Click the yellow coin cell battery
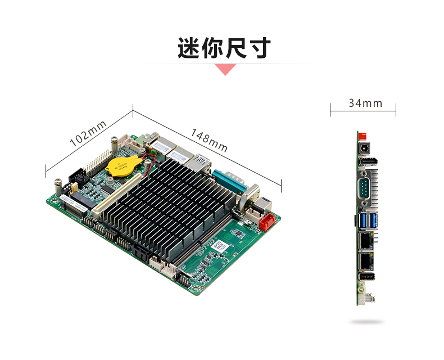pos(124,166)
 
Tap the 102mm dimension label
pos(88,134)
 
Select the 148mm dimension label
pos(209,140)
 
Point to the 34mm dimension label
pos(365,103)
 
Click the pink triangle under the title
pos(225,69)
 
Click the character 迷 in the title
pos(189,48)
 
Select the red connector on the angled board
pos(267,222)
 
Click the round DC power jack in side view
pos(364,148)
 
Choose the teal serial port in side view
pos(364,188)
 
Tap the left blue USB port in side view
pos(363,220)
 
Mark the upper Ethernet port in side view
pos(366,241)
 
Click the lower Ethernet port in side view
pos(366,261)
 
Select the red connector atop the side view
pos(363,136)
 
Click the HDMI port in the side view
pos(368,163)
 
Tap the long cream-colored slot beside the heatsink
pos(117,196)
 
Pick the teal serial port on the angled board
pos(229,181)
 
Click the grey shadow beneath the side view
pos(366,322)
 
